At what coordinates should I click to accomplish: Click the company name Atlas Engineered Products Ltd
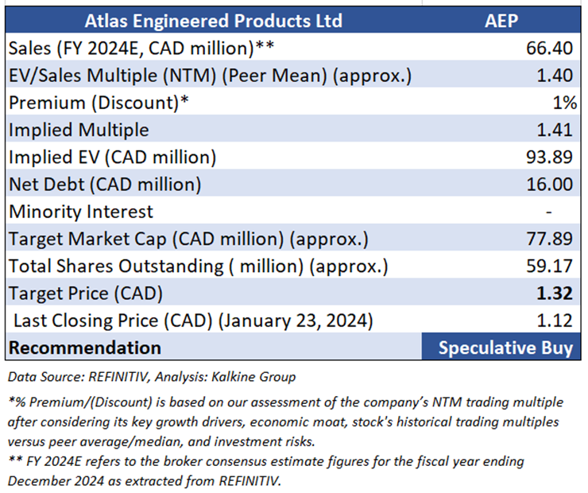point(212,20)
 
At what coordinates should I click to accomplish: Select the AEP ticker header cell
point(501,20)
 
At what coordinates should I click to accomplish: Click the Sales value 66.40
point(549,49)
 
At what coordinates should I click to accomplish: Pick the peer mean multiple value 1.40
point(555,76)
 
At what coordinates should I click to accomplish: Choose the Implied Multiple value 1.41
point(555,130)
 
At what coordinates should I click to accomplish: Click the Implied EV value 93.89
point(549,157)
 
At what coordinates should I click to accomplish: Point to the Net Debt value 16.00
point(549,184)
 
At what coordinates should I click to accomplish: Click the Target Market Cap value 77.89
point(549,239)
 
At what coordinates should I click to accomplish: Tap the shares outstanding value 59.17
point(549,266)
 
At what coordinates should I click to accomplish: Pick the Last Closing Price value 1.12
point(555,320)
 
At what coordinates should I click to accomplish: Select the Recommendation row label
point(85,347)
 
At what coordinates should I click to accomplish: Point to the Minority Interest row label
point(81,212)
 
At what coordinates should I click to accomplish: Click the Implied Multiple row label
point(79,130)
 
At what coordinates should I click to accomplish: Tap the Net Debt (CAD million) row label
point(105,184)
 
